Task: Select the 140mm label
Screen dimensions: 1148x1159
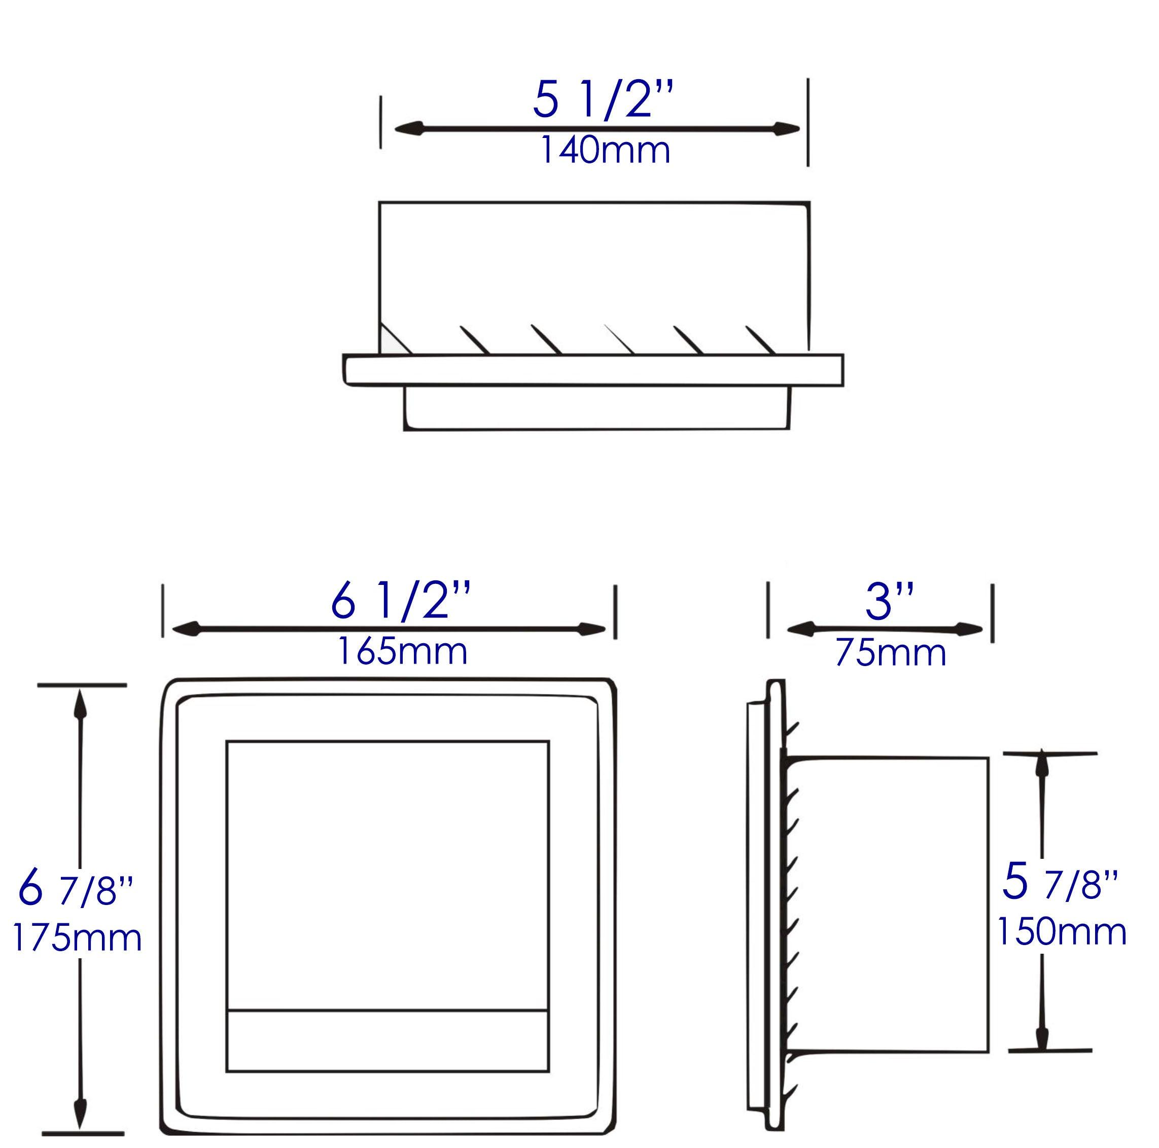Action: (605, 151)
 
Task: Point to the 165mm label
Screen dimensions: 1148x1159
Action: (402, 652)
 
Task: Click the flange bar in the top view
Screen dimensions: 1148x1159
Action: (593, 370)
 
